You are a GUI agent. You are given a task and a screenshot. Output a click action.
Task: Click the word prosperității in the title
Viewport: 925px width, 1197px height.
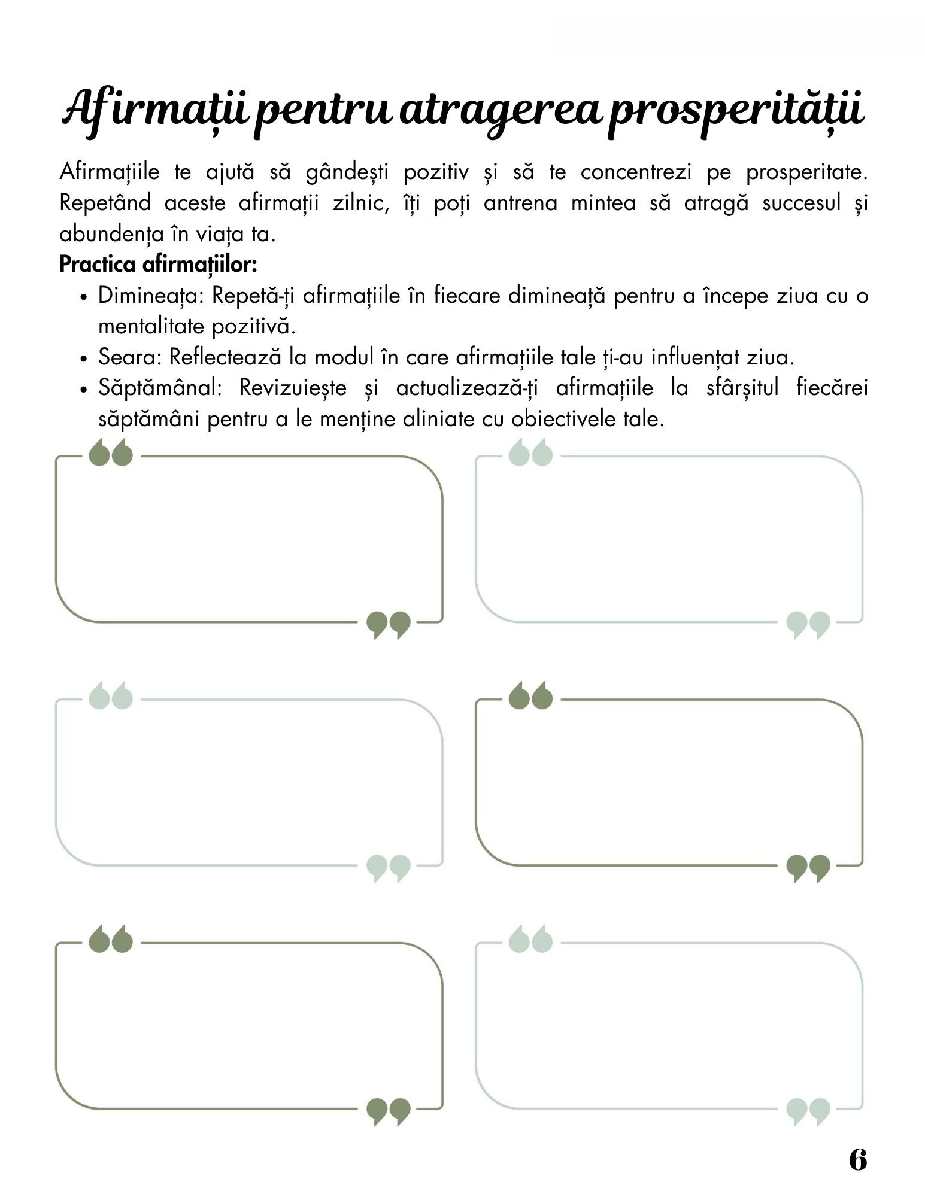point(736,111)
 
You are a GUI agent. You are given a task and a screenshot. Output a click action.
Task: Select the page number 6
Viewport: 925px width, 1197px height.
point(857,1160)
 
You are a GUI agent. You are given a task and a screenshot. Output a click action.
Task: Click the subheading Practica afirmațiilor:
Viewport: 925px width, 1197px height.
point(158,264)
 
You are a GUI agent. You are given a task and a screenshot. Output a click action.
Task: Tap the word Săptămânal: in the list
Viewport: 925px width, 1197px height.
point(160,388)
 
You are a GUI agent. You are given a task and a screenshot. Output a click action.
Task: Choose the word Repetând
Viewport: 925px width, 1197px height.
point(105,203)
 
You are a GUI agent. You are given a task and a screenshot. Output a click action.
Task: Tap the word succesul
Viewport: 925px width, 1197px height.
point(802,203)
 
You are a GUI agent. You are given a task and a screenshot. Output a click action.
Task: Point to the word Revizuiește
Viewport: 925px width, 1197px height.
point(293,388)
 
